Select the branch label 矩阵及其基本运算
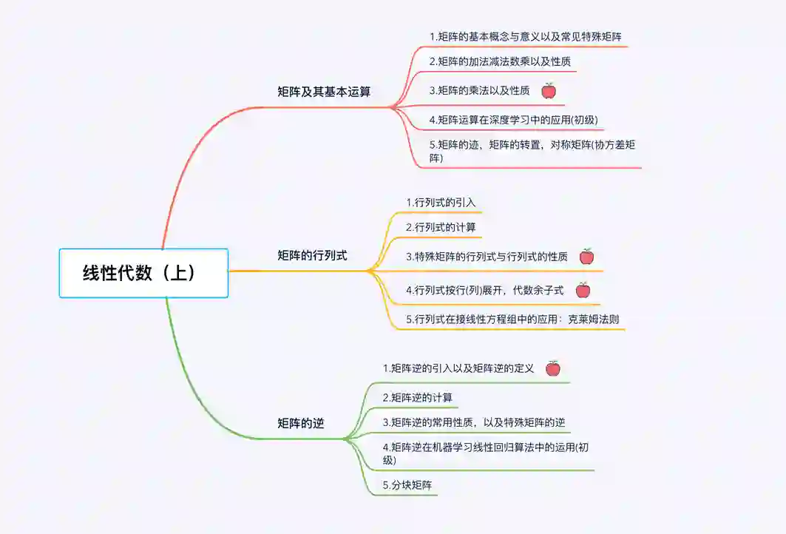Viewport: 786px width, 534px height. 324,92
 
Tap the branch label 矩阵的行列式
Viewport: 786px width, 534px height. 312,256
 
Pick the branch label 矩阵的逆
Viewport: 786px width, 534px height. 300,424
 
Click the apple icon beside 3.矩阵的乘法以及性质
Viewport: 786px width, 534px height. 549,91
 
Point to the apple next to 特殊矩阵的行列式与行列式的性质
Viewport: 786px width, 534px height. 586,257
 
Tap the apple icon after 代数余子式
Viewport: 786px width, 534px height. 583,291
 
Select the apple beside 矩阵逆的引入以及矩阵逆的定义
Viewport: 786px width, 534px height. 552,368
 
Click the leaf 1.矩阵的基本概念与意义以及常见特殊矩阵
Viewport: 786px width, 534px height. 529,36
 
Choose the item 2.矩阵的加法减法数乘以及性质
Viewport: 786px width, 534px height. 500,61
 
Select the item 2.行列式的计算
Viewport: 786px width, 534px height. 441,227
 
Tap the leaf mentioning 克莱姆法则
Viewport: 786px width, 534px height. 512,320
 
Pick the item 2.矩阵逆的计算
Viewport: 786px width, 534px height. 417,397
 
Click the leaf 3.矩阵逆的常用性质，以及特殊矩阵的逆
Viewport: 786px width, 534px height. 473,422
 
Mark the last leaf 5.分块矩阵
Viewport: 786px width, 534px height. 407,485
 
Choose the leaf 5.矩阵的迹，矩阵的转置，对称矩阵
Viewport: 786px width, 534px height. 532,151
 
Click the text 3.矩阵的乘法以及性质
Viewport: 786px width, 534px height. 479,91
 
